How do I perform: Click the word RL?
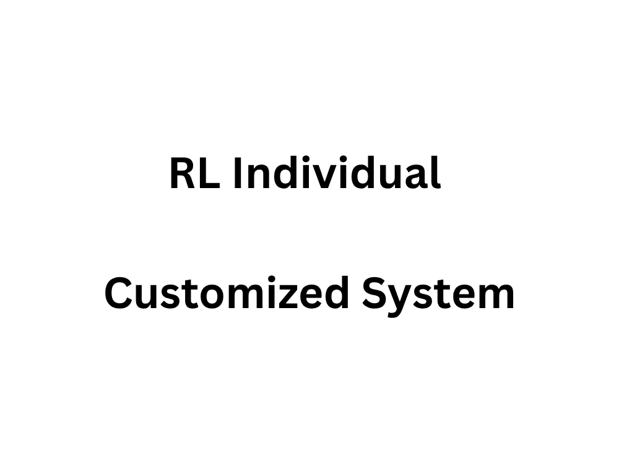coord(194,173)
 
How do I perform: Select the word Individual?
coord(337,173)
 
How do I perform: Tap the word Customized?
coord(227,293)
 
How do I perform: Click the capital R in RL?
coord(184,173)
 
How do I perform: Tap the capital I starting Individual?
coord(237,173)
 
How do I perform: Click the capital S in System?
coord(375,293)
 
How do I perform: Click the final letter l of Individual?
coord(437,173)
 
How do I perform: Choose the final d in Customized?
coord(337,293)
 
